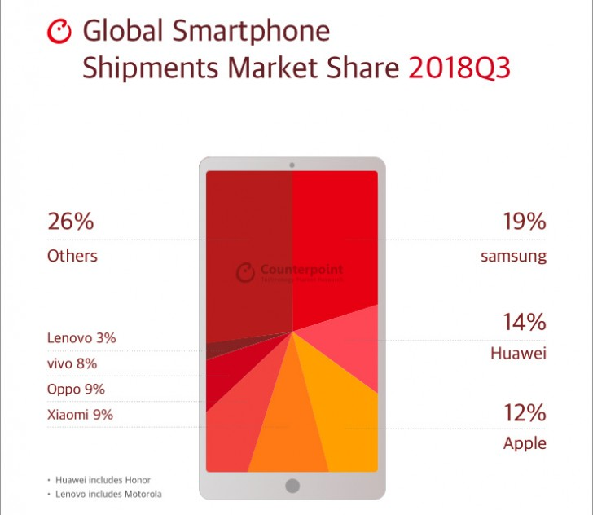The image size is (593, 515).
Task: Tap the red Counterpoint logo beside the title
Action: [x=60, y=32]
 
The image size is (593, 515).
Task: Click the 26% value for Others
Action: [x=71, y=221]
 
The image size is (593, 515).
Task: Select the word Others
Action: [x=72, y=256]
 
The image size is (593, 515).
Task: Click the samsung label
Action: [x=513, y=256]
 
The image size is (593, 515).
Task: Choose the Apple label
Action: [x=525, y=444]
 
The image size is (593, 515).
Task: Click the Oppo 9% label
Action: [x=76, y=390]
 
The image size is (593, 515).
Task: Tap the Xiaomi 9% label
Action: [x=80, y=415]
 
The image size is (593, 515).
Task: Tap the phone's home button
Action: [x=292, y=486]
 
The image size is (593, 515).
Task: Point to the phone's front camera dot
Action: [x=292, y=165]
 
